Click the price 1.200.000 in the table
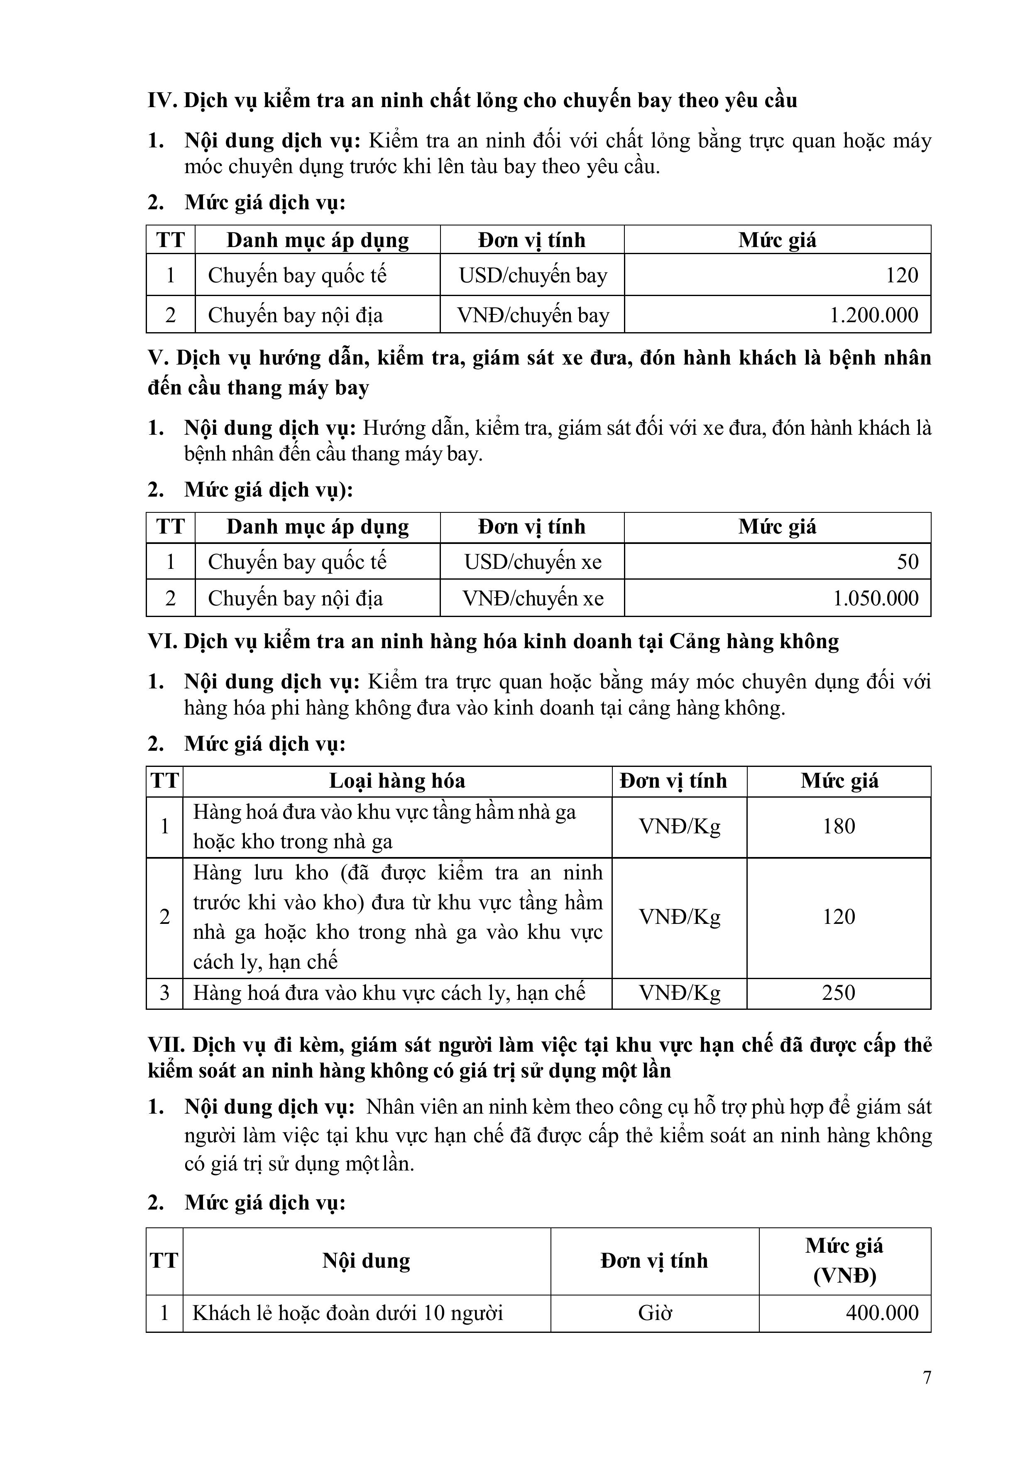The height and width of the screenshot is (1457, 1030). tap(874, 316)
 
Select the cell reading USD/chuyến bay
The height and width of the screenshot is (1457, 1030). tap(533, 275)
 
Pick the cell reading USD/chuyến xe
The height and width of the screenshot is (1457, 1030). tap(533, 562)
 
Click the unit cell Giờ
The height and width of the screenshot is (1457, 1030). tap(654, 1313)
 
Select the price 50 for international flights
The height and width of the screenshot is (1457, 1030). tap(908, 562)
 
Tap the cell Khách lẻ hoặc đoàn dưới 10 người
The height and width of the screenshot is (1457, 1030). tap(348, 1313)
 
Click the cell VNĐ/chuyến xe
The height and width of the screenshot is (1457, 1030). tap(533, 598)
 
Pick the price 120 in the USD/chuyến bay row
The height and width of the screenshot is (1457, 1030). tap(901, 275)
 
